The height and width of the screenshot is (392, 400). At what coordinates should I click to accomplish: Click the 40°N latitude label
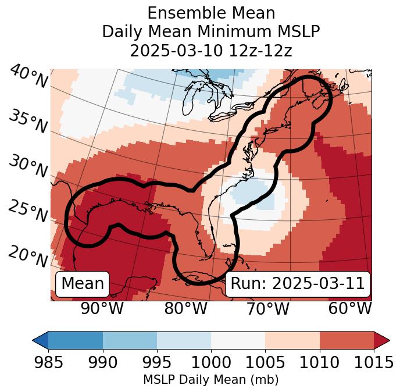click(x=28, y=77)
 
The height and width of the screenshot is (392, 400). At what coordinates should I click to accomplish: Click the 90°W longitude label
click(x=102, y=308)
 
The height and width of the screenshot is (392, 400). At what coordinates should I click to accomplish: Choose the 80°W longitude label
click(x=185, y=308)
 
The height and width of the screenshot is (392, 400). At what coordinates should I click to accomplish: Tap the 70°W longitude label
click(x=267, y=308)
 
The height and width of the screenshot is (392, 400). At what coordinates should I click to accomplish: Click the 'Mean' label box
click(x=83, y=284)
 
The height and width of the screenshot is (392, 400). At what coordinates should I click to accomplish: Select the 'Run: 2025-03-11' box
click(x=298, y=284)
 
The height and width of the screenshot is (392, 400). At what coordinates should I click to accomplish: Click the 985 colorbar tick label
click(x=48, y=363)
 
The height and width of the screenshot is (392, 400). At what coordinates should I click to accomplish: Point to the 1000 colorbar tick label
click(x=211, y=363)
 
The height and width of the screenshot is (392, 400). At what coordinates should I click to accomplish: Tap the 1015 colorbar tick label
click(x=374, y=363)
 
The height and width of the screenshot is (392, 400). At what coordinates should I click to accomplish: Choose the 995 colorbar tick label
click(x=157, y=363)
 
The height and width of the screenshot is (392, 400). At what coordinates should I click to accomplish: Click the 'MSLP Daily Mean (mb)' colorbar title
click(x=211, y=380)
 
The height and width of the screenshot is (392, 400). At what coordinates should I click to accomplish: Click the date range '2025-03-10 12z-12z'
click(x=211, y=51)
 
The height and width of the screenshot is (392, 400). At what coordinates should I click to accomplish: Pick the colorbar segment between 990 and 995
click(x=130, y=340)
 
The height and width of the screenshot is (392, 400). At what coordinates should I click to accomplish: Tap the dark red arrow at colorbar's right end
click(x=381, y=340)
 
